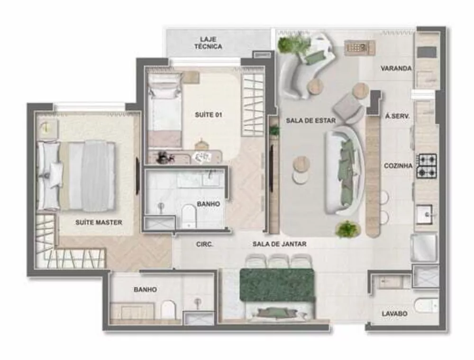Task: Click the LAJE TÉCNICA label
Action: coord(208,43)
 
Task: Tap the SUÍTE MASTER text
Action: coord(99,222)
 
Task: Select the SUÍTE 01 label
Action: coord(209,115)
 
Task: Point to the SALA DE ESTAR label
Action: coord(310,121)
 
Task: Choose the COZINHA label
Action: coord(398,165)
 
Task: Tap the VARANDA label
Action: coord(396,68)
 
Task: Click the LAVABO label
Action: coord(394,314)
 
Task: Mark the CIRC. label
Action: coord(204,245)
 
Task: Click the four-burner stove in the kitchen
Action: coord(427,166)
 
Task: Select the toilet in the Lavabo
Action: coord(425,306)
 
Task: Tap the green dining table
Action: coord(277,284)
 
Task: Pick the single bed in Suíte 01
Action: coord(164,109)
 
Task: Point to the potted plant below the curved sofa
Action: coord(347,229)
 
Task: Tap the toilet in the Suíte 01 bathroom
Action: coord(189,216)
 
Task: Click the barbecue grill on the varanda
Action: coord(359,47)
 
